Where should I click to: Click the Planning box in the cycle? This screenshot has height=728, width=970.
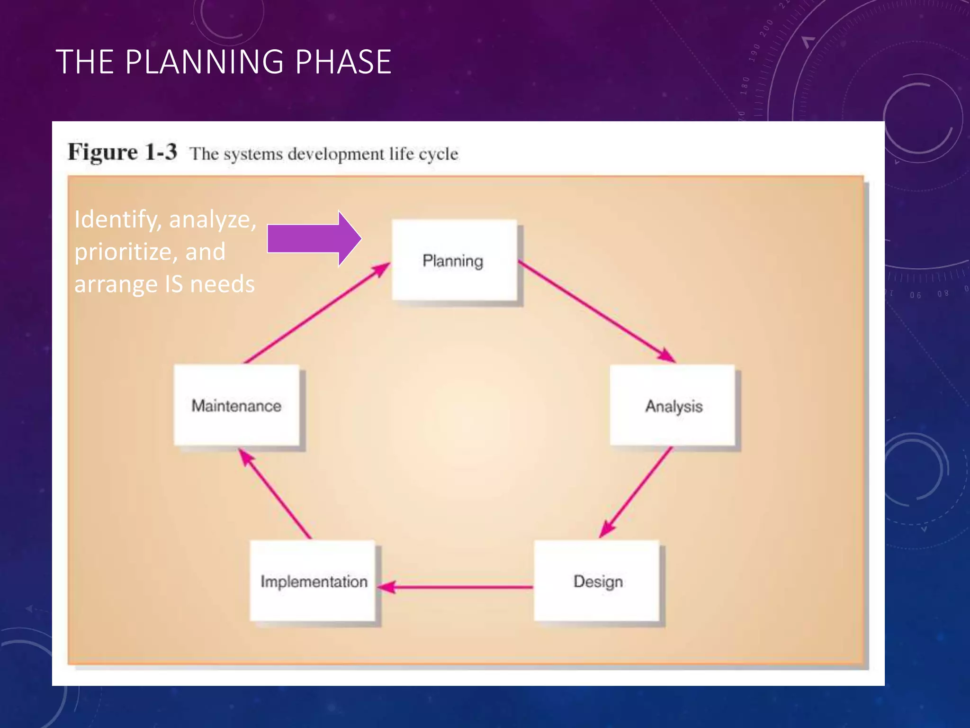coord(454,260)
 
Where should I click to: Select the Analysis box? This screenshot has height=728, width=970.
coord(673,405)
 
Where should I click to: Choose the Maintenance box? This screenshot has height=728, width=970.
coord(236,405)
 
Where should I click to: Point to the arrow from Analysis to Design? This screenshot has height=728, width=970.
coord(636,492)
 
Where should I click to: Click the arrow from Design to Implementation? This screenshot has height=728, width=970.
coord(457,587)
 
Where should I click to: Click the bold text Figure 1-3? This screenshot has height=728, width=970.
coord(123,152)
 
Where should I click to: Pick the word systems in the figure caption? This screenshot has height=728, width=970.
coord(253,154)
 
